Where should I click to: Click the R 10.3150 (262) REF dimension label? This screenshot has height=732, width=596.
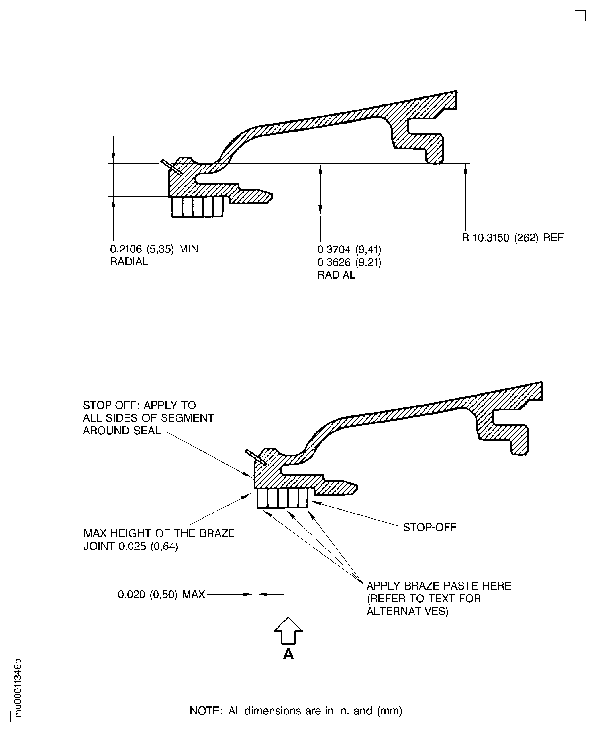pos(512,238)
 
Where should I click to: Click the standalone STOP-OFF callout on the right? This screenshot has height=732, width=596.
pos(429,527)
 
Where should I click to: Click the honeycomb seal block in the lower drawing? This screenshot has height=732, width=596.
pos(283,498)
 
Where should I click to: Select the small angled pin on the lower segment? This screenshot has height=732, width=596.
pos(256,457)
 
